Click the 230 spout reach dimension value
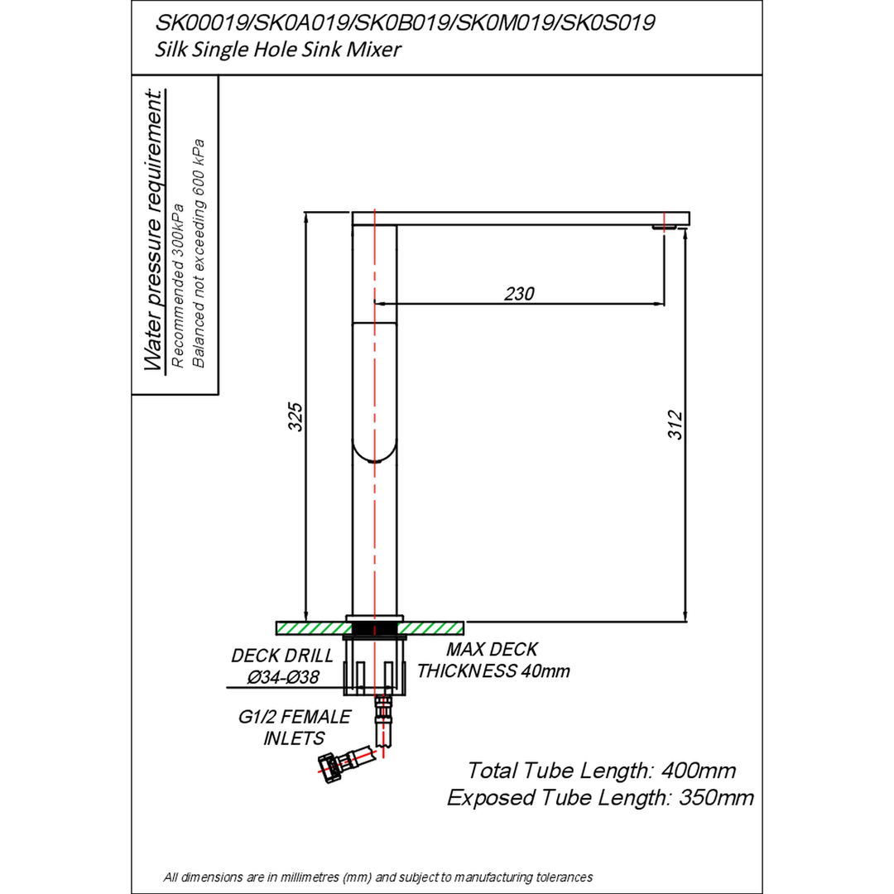tap(519, 294)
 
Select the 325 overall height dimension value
tap(296, 416)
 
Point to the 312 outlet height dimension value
tap(675, 424)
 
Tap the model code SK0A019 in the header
tap(302, 23)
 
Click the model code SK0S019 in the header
tap(606, 23)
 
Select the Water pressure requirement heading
tap(154, 230)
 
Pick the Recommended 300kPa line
tap(178, 285)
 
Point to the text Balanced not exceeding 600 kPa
tap(199, 253)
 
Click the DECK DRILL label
tap(282, 656)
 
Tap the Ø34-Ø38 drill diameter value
tap(283, 677)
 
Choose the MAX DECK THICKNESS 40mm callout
tap(493, 661)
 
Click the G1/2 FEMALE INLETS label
tap(294, 728)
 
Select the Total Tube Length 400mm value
tap(602, 771)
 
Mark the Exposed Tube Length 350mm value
tap(600, 798)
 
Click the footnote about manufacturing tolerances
tap(378, 877)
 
